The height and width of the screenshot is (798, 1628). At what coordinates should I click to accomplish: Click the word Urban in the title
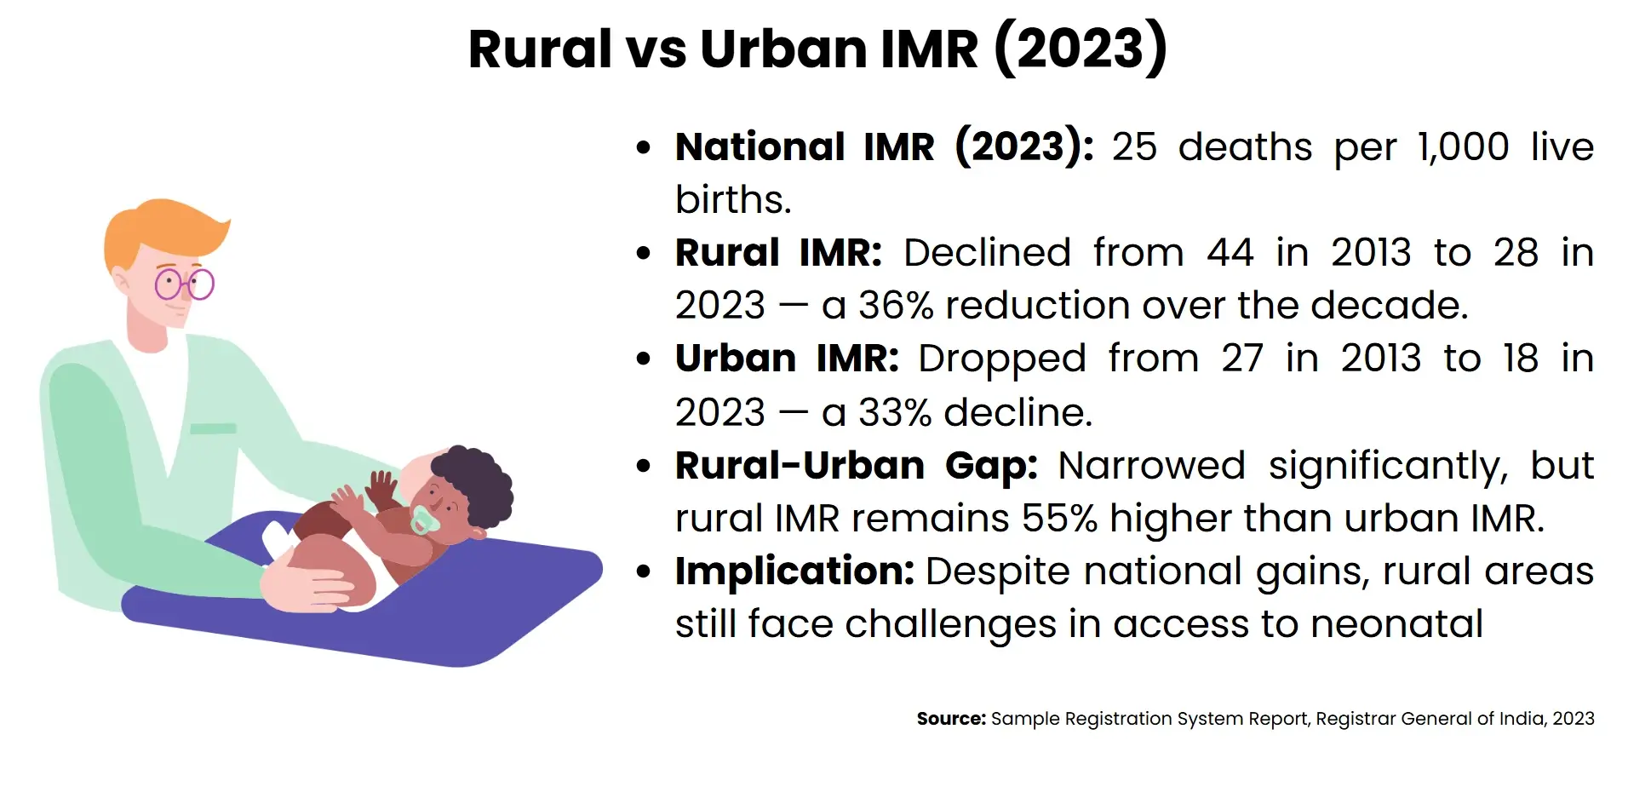click(x=782, y=49)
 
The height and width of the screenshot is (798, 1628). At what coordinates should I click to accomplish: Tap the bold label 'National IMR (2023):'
click(x=884, y=146)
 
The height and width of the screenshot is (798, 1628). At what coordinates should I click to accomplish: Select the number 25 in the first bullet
click(x=1134, y=146)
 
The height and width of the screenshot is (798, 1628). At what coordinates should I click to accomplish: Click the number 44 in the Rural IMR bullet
click(x=1230, y=253)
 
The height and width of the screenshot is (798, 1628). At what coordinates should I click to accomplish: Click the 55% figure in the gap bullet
click(x=1059, y=519)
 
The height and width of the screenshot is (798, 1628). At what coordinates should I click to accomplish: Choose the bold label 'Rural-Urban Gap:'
click(x=856, y=466)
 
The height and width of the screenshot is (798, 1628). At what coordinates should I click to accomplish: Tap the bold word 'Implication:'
click(x=794, y=571)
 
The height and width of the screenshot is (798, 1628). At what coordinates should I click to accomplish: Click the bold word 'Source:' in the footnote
click(x=950, y=719)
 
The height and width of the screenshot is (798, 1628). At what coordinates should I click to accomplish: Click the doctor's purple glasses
click(x=185, y=284)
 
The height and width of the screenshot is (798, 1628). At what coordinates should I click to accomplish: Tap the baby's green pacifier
click(x=423, y=520)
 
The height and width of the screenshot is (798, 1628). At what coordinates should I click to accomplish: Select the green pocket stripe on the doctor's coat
click(x=213, y=428)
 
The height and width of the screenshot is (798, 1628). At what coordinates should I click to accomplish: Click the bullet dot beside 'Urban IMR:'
click(x=644, y=359)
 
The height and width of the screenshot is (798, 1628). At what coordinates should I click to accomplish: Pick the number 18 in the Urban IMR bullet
click(x=1520, y=359)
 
